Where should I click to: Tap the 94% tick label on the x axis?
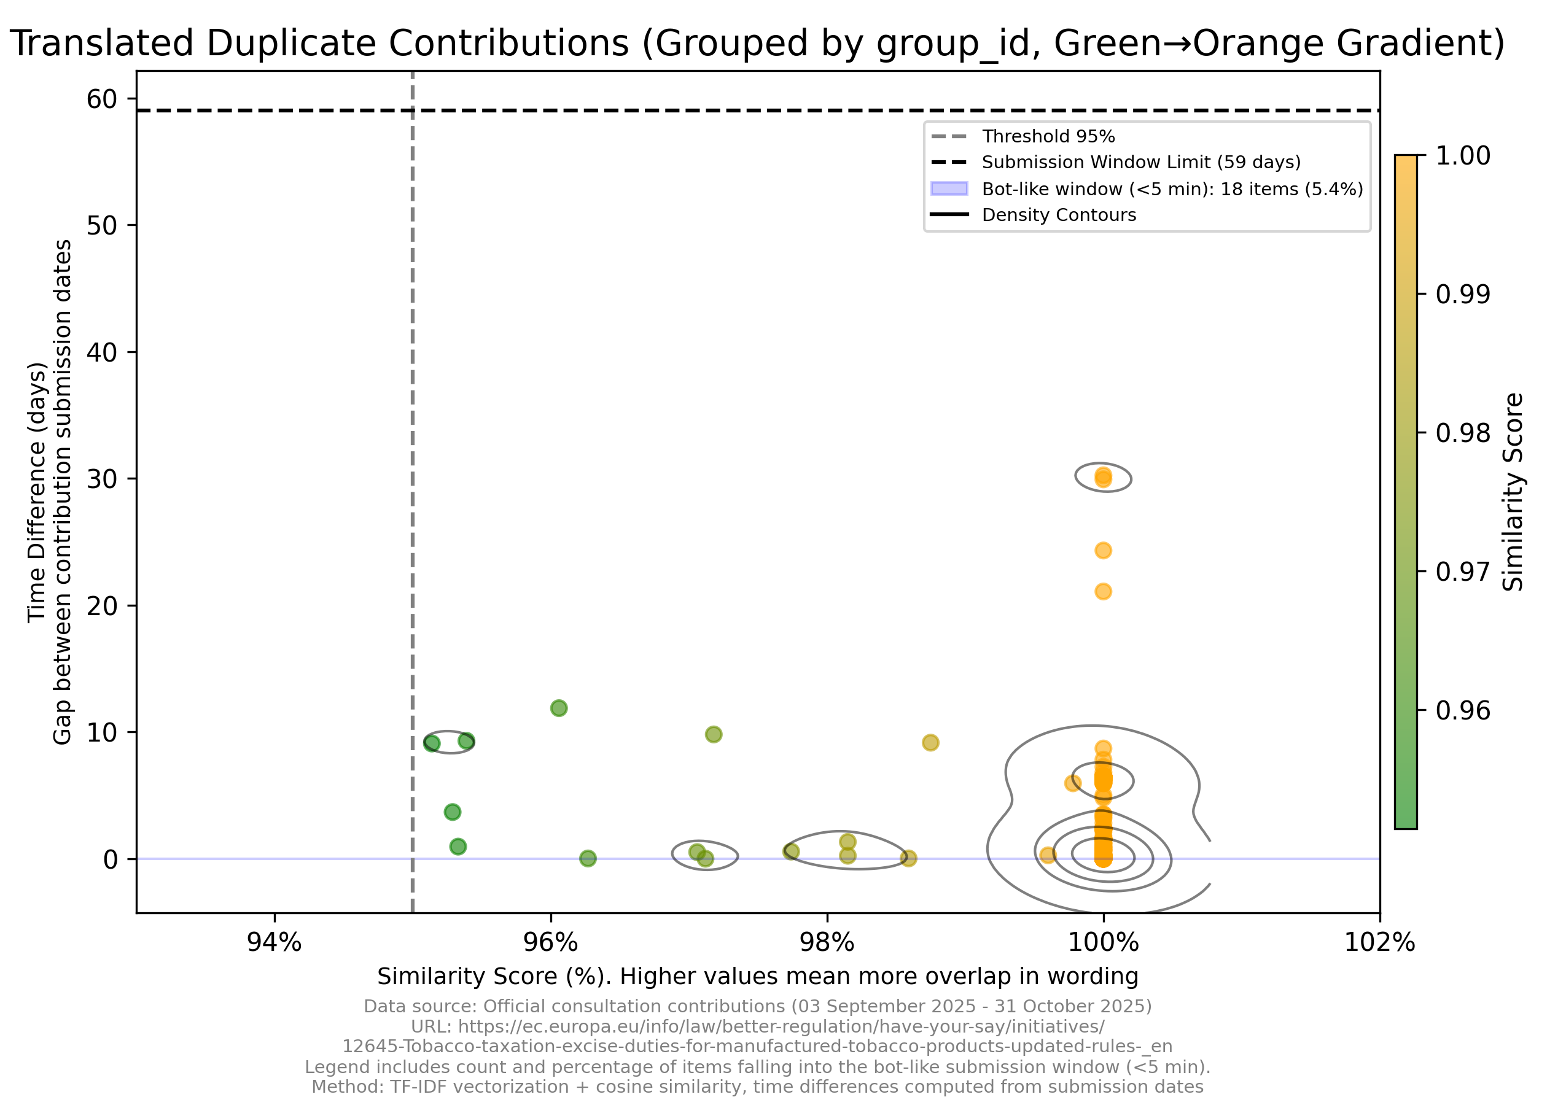(274, 943)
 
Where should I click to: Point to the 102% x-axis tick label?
(1379, 943)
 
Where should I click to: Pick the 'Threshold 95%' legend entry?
(1048, 136)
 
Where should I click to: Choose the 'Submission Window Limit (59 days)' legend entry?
(1140, 162)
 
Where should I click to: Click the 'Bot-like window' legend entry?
(1172, 189)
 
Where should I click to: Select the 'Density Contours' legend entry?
(1059, 215)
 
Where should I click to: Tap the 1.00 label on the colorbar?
(1463, 155)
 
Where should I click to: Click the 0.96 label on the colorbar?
(1463, 710)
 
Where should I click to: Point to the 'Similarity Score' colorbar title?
(1513, 492)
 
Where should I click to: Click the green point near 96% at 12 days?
(559, 708)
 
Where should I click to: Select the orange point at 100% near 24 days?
(1103, 550)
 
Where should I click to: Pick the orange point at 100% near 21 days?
(1103, 591)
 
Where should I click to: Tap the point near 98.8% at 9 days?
(930, 742)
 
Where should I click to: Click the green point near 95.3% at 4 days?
(452, 812)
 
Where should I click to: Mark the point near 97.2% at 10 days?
(714, 734)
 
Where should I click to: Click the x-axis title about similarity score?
(757, 976)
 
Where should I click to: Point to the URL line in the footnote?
(757, 1026)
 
